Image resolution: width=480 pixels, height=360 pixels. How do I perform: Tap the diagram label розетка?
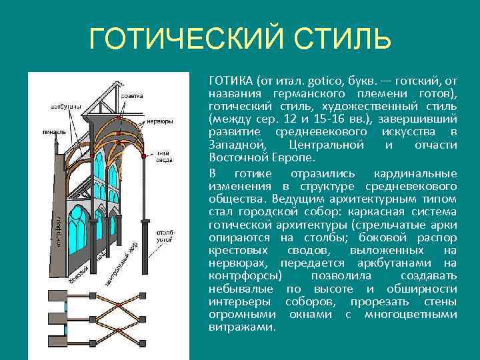coord(131,96)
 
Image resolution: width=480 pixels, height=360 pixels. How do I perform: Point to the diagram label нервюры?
coord(160,121)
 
